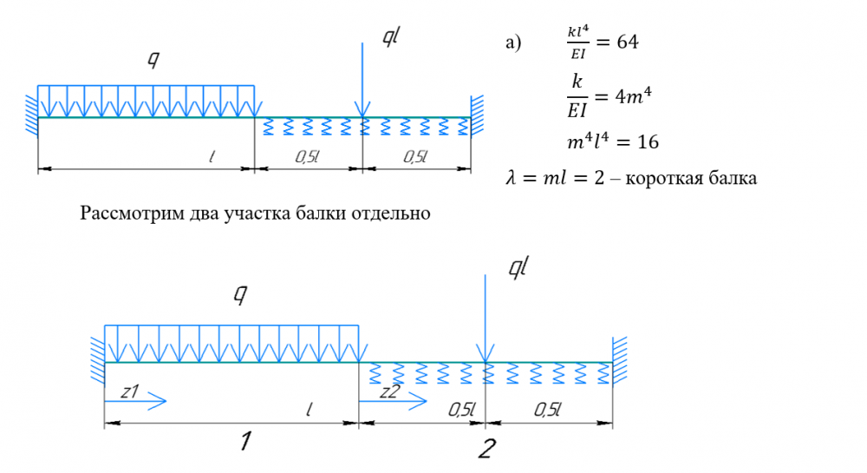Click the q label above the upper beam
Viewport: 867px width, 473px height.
click(153, 60)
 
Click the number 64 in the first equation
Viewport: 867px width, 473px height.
click(627, 43)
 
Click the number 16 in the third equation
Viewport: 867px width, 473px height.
click(643, 141)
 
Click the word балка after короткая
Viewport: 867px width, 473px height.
click(732, 179)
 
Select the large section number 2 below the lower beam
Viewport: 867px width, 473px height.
click(486, 448)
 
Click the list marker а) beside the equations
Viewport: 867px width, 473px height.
click(515, 43)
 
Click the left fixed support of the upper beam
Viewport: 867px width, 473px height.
click(32, 115)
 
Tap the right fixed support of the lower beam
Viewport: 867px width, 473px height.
click(617, 361)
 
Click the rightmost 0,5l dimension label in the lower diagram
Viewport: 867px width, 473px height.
click(547, 410)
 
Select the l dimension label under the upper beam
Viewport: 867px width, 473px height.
click(212, 156)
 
